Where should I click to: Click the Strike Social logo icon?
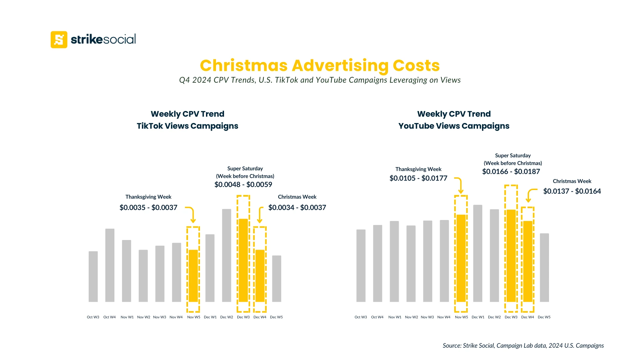[59, 40]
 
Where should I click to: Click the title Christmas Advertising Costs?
[320, 65]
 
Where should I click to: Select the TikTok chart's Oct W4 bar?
[110, 265]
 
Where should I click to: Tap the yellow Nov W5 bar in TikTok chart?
[193, 276]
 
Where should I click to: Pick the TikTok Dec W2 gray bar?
[226, 255]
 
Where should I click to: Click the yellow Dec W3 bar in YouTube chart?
[511, 256]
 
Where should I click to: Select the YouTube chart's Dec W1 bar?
[478, 253]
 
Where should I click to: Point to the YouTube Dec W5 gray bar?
[544, 267]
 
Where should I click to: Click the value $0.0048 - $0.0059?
[243, 185]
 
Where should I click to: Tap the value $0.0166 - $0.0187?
[511, 172]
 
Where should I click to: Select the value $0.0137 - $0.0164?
[572, 191]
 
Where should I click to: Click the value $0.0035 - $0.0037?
[148, 208]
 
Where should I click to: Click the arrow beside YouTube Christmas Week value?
[531, 195]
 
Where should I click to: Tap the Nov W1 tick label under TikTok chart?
[127, 317]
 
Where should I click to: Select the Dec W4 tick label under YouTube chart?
[527, 317]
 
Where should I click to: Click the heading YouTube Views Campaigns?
[454, 126]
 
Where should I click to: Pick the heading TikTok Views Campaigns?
[187, 126]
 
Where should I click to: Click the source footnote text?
[523, 346]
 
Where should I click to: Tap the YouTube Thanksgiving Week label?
[418, 169]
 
